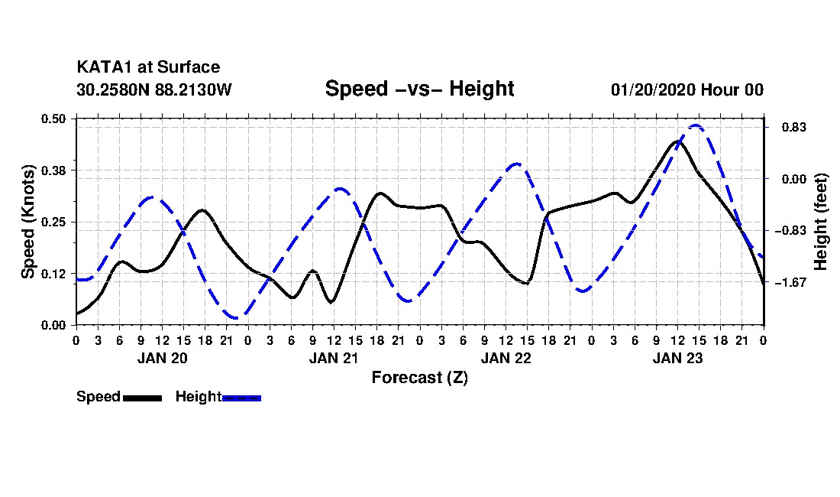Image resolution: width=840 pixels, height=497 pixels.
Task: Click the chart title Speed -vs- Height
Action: pyautogui.click(x=419, y=89)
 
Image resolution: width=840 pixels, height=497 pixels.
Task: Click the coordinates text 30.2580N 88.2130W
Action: pyautogui.click(x=154, y=89)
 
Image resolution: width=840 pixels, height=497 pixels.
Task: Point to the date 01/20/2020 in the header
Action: pyautogui.click(x=653, y=89)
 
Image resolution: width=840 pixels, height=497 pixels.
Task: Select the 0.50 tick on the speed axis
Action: pyautogui.click(x=53, y=119)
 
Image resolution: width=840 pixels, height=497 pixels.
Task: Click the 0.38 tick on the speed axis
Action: pyautogui.click(x=53, y=171)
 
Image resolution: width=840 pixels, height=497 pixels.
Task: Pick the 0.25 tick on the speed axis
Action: pyautogui.click(x=53, y=222)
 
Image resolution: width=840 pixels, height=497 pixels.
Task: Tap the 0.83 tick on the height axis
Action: pyautogui.click(x=794, y=127)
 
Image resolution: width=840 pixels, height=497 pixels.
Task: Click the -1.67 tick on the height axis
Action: pyautogui.click(x=790, y=282)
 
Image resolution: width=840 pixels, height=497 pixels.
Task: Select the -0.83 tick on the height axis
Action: pyautogui.click(x=790, y=231)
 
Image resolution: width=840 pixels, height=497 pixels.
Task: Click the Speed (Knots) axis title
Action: pyautogui.click(x=27, y=222)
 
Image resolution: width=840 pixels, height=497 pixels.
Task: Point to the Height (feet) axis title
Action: pyautogui.click(x=821, y=222)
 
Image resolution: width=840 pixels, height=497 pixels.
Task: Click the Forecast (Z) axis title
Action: pyautogui.click(x=420, y=378)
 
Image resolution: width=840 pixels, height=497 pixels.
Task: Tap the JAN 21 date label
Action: pyautogui.click(x=334, y=358)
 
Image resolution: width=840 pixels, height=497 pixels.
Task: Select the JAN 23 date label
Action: pyautogui.click(x=677, y=358)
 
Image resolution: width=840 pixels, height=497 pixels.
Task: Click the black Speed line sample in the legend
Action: pyautogui.click(x=143, y=398)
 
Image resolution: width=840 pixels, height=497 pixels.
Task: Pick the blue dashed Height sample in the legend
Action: pyautogui.click(x=241, y=398)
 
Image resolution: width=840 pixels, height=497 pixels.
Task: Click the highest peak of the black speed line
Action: pyautogui.click(x=677, y=141)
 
